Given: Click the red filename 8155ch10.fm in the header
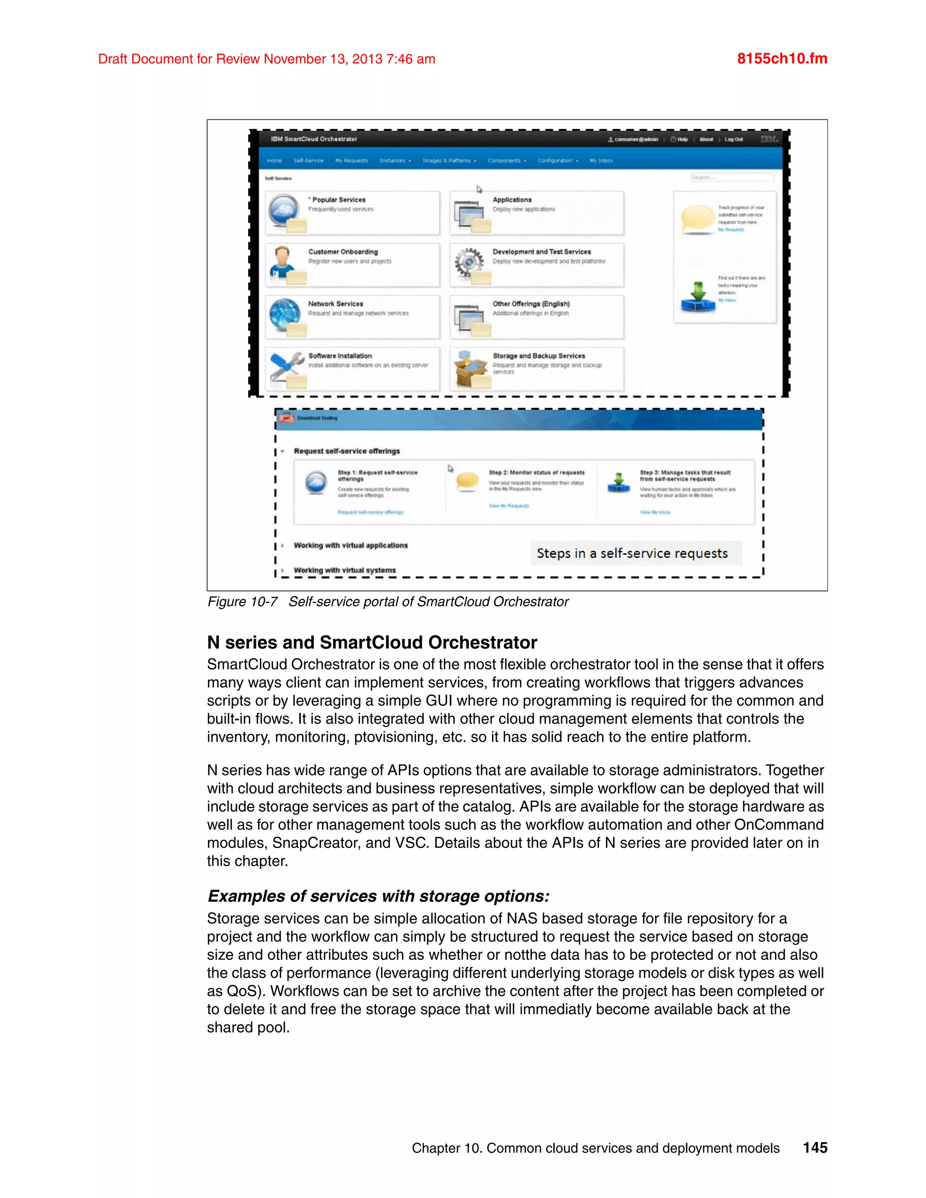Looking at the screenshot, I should (x=782, y=59).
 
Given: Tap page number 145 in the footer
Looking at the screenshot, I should (x=815, y=1147).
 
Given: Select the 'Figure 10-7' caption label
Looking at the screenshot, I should (x=242, y=602).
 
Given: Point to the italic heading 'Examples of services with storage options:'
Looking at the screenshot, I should (x=378, y=896).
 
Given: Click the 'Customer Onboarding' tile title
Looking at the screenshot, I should (x=343, y=252).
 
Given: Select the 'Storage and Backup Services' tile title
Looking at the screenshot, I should (x=538, y=356).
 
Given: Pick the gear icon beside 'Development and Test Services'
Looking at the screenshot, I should (x=468, y=262).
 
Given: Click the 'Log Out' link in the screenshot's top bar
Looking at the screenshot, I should (x=733, y=139).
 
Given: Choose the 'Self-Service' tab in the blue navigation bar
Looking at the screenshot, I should (x=308, y=161).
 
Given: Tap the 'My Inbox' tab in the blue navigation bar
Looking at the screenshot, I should (x=601, y=161).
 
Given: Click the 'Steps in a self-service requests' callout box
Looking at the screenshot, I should (x=635, y=553).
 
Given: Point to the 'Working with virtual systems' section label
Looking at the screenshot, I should (x=345, y=570).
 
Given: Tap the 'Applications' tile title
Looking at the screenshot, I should (x=511, y=200).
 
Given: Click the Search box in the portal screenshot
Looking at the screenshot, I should (x=732, y=177).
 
